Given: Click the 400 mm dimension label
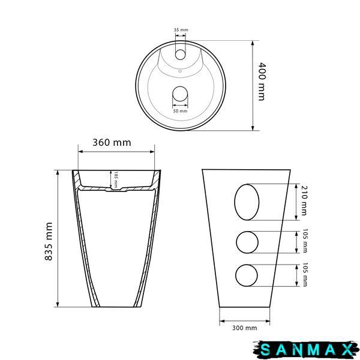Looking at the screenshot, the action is [x=262, y=82].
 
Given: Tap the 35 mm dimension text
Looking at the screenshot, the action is [x=181, y=30].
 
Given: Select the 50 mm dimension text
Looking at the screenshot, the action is [x=180, y=111].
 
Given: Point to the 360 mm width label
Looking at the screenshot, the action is [x=112, y=143].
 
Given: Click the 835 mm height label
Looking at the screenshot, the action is [x=49, y=241].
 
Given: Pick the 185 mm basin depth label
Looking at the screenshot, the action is [x=116, y=179].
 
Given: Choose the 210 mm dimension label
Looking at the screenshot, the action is [x=304, y=200].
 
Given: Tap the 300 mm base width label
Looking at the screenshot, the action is [x=245, y=328].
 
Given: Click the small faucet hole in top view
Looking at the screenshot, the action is [x=180, y=55].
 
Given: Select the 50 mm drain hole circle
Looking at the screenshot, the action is [x=180, y=94].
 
